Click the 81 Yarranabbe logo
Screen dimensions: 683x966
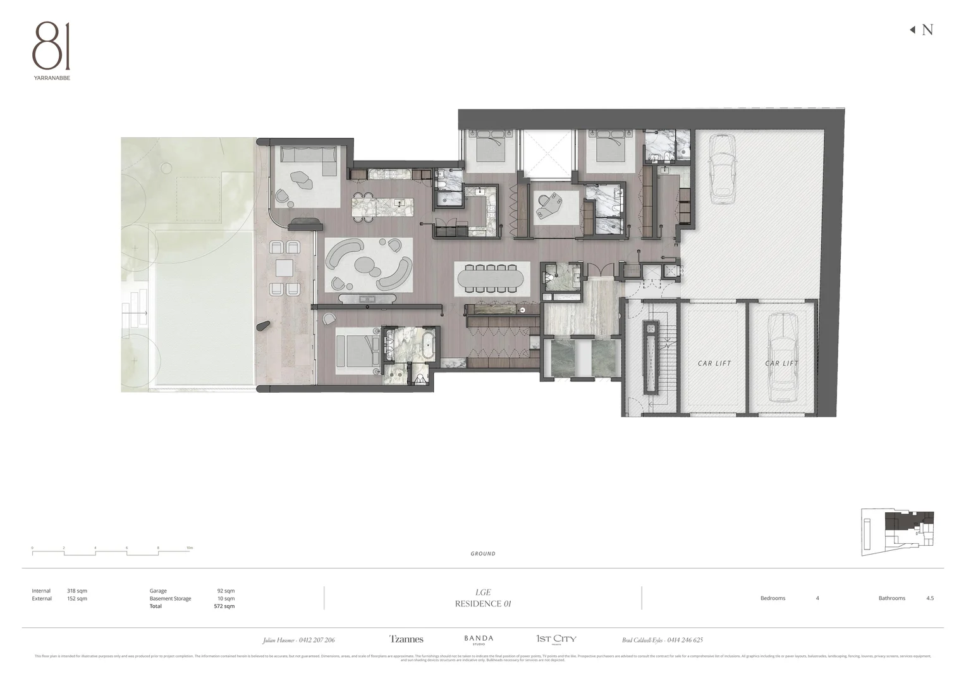52,51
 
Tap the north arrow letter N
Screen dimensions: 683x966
927,30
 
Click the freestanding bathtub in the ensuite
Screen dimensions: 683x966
428,347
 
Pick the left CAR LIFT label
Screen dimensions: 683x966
714,364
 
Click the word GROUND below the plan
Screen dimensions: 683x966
483,554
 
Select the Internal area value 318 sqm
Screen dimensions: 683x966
77,591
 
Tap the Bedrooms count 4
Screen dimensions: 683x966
817,598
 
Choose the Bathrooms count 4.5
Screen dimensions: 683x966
929,598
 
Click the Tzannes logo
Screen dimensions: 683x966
407,639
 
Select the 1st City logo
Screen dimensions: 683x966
556,639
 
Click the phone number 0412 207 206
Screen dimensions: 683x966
317,640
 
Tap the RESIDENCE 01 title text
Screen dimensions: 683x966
483,603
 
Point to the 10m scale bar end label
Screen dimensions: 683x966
190,548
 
